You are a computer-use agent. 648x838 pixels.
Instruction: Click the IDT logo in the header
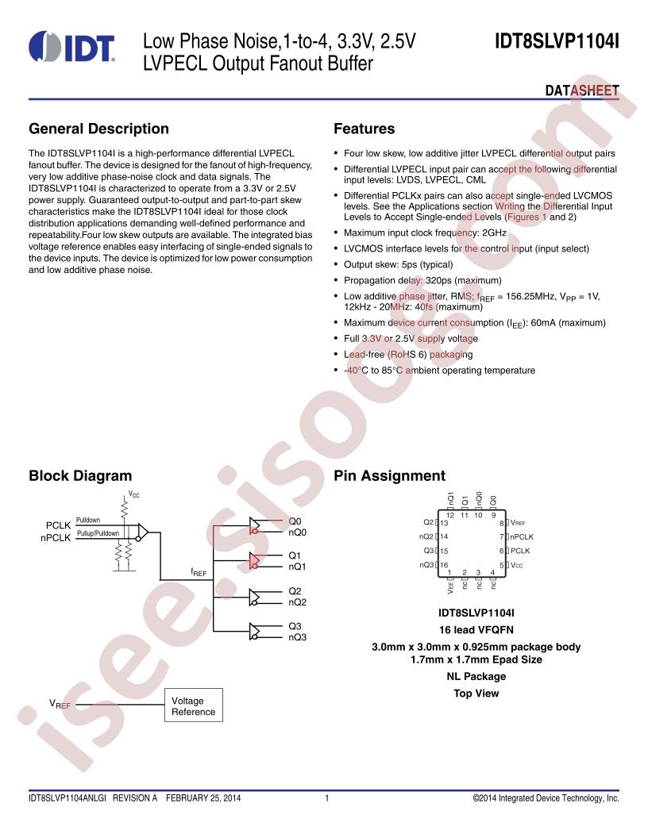[71, 47]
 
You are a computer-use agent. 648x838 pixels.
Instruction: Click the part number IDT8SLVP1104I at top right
[557, 42]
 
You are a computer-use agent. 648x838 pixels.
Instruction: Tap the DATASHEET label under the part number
[582, 90]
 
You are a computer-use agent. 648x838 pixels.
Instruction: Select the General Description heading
[99, 129]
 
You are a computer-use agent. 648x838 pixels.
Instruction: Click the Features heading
[364, 129]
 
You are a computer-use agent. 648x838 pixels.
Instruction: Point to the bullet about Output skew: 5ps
[399, 264]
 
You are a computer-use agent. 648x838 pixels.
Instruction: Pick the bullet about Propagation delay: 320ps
[422, 281]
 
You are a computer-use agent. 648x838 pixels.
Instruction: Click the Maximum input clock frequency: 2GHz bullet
[425, 233]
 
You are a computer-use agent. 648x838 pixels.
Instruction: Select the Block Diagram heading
[80, 475]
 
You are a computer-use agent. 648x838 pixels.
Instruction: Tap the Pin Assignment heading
[389, 475]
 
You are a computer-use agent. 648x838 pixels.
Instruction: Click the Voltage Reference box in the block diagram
[194, 705]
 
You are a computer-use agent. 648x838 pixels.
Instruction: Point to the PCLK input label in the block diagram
[58, 525]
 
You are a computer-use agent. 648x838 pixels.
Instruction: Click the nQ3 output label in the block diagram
[297, 637]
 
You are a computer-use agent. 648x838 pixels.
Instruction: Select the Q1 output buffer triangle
[254, 560]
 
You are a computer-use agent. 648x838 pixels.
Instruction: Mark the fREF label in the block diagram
[199, 572]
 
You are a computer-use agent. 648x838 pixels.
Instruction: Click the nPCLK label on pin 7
[522, 536]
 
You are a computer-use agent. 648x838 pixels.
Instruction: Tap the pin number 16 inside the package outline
[444, 565]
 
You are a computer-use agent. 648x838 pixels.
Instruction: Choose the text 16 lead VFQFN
[476, 630]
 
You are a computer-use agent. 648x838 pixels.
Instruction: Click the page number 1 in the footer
[326, 798]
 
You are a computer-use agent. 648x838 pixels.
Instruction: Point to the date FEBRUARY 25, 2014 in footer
[203, 798]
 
